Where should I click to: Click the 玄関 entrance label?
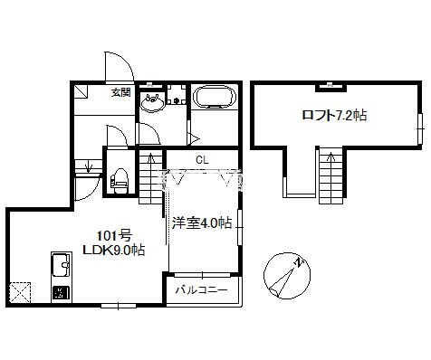[x=121, y=92]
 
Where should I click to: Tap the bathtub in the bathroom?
[x=214, y=96]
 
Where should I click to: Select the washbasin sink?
[x=152, y=101]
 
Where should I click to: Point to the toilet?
[x=120, y=181]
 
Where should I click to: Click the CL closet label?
[x=202, y=160]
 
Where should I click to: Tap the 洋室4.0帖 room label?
[x=202, y=223]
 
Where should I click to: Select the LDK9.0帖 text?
[x=114, y=251]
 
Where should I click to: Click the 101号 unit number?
[x=114, y=235]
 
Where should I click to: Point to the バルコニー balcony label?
[x=201, y=290]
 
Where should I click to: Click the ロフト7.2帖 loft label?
[x=334, y=116]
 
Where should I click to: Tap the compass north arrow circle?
[x=287, y=276]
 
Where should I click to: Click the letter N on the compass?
[x=299, y=262]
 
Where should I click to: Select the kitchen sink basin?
[x=62, y=265]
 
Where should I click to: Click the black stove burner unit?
[x=62, y=293]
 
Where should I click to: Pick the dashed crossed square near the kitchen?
[x=20, y=293]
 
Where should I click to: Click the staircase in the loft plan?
[x=331, y=176]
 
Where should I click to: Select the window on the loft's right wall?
[x=419, y=128]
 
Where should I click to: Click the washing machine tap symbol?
[x=177, y=100]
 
